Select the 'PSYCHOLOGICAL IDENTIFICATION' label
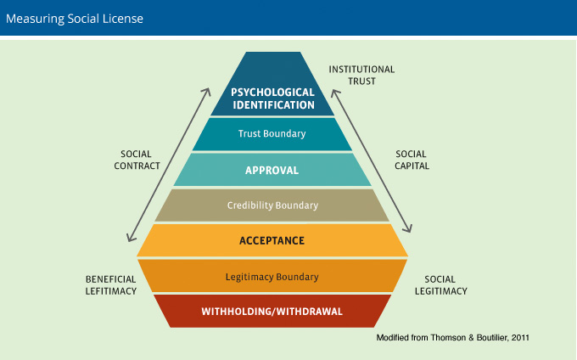(x=272, y=98)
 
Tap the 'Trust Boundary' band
(x=272, y=134)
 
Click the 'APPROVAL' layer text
(x=272, y=170)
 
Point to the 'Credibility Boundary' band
(x=272, y=205)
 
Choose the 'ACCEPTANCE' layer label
(x=272, y=241)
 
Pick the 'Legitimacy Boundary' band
(x=272, y=277)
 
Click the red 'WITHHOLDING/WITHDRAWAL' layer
(x=272, y=312)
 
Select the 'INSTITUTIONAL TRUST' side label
(x=362, y=76)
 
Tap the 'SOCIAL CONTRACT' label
(x=136, y=160)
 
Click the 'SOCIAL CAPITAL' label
(x=412, y=160)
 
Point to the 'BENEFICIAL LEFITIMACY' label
(x=110, y=284)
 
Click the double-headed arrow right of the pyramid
(x=373, y=161)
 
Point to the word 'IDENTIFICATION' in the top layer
(x=272, y=106)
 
